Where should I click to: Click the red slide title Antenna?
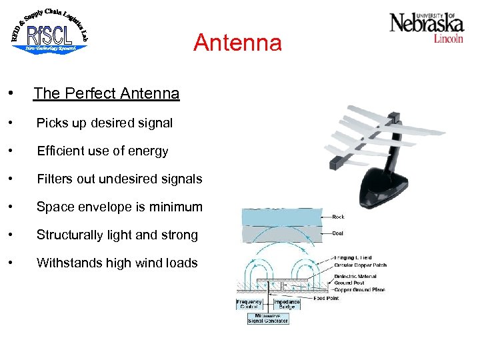237,43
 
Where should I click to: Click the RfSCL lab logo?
49,33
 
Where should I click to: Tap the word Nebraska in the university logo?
426,24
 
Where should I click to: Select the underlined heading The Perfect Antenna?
106,93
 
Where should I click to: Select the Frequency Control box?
249,303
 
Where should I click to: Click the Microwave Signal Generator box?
268,318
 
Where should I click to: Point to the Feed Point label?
326,299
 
